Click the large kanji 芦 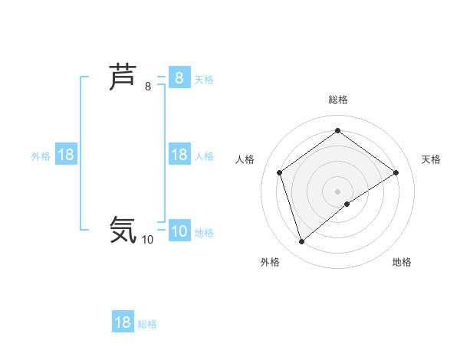(x=123, y=78)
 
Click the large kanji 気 (x=123, y=230)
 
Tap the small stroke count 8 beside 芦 (x=148, y=87)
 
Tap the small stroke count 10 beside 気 (x=147, y=239)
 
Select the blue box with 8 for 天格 (x=179, y=78)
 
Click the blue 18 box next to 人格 (x=179, y=155)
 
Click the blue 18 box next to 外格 (x=66, y=155)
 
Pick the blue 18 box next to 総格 (x=123, y=322)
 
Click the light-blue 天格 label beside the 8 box (x=204, y=79)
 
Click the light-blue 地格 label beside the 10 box (x=204, y=233)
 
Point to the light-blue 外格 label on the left (x=41, y=155)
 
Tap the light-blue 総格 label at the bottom (x=147, y=324)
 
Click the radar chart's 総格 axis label (x=338, y=100)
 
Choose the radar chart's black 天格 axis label (x=431, y=159)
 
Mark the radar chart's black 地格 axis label (x=402, y=262)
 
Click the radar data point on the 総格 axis (x=338, y=131)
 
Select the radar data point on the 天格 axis (x=396, y=172)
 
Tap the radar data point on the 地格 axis (x=347, y=204)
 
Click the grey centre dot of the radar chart (x=338, y=191)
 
